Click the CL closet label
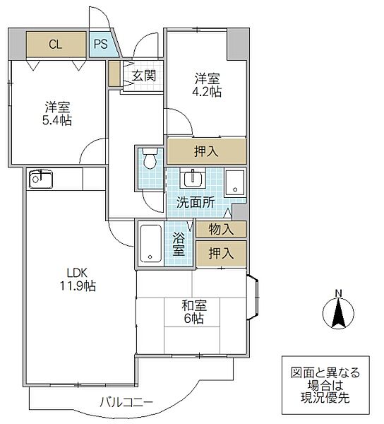coord(55,44)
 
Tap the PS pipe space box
coord(100,44)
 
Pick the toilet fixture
coord(149,160)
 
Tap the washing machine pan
coord(235,184)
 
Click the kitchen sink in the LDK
coord(40,179)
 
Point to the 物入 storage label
coord(222,229)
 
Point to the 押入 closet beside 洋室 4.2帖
coord(207,151)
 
